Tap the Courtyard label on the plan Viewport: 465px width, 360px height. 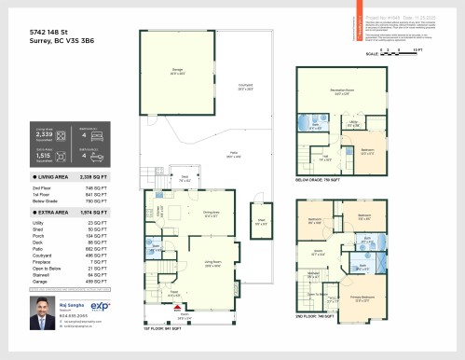click(245, 87)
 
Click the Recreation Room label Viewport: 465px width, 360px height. click(340, 92)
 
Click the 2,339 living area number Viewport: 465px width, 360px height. click(42, 134)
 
